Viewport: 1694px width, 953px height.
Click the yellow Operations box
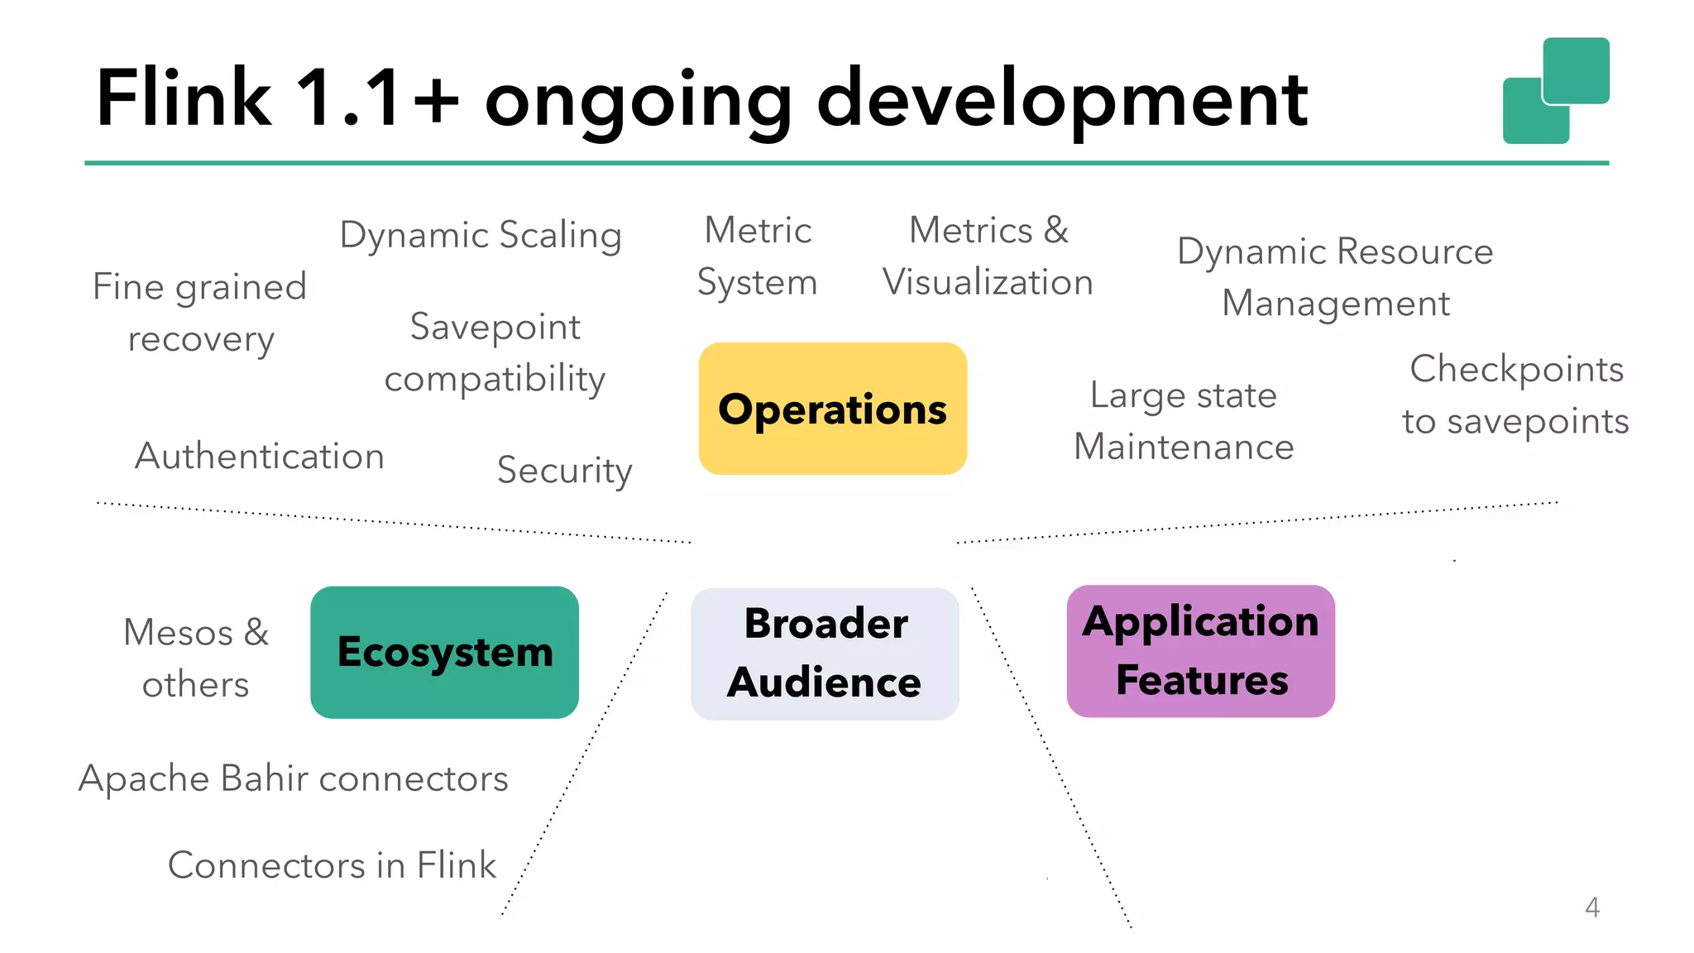point(832,409)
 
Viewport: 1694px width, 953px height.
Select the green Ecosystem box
point(444,653)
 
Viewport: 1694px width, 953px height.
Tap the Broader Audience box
point(825,654)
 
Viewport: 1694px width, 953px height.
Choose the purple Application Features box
point(1200,651)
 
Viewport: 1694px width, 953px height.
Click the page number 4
point(1591,908)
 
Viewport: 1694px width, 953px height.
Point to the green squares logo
point(1555,90)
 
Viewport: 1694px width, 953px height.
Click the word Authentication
point(260,456)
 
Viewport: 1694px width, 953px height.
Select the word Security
point(564,470)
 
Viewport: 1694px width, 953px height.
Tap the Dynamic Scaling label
point(481,235)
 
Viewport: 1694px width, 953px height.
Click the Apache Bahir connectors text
point(294,778)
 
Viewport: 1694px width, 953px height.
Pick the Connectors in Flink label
point(332,865)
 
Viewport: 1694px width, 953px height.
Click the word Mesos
point(178,633)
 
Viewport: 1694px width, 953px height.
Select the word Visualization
point(988,282)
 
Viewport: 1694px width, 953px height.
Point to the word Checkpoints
point(1516,369)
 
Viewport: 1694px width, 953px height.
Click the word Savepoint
point(495,327)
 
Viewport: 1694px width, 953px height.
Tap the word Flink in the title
point(184,98)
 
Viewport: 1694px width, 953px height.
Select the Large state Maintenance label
point(1184,421)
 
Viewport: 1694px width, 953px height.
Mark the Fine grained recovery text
point(199,313)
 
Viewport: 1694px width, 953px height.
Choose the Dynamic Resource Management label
point(1335,277)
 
